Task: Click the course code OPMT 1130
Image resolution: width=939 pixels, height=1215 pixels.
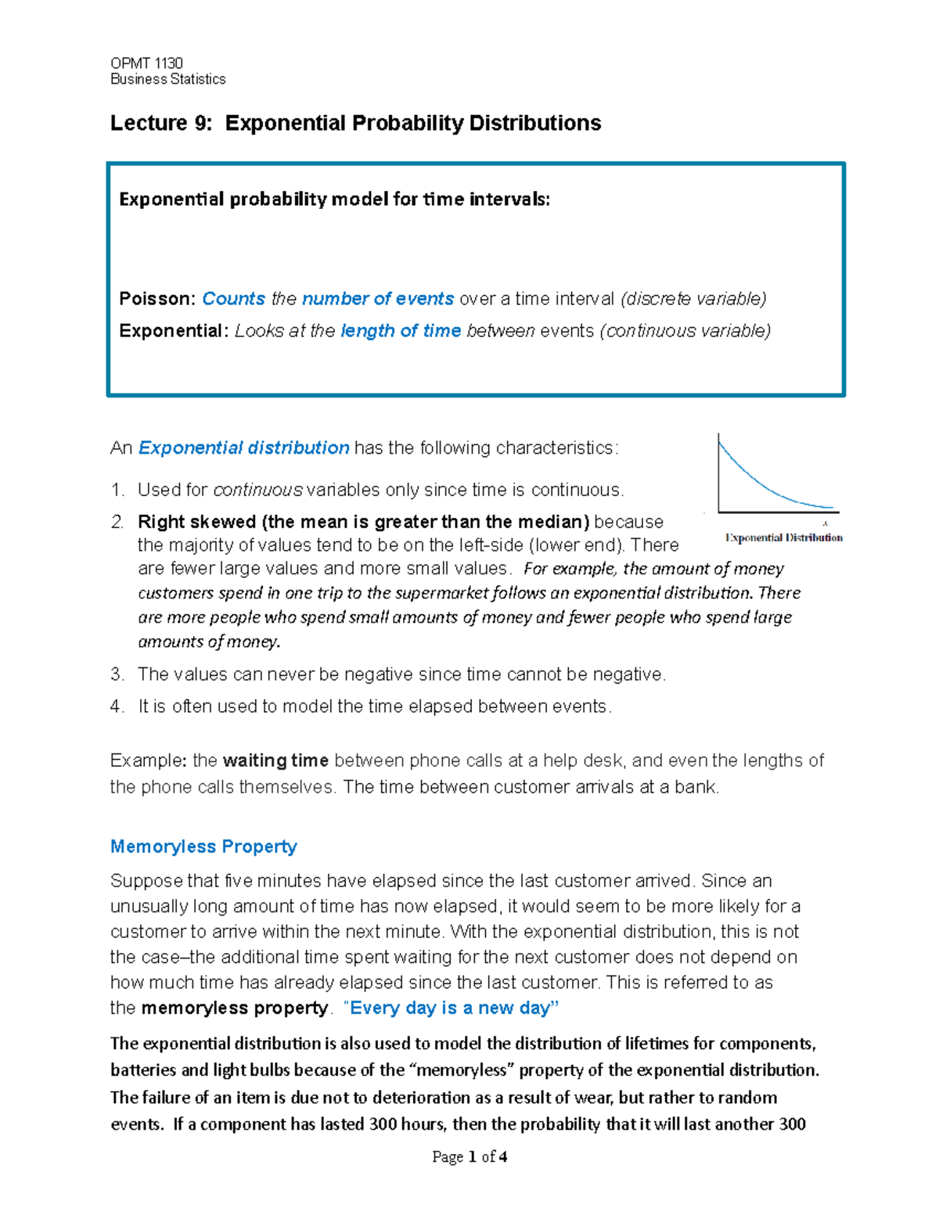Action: tap(146, 63)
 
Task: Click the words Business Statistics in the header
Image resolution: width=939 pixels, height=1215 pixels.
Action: tap(167, 79)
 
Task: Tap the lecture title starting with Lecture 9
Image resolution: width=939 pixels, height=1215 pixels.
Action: tap(355, 123)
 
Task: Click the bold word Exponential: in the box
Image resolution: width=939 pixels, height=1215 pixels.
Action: tap(174, 331)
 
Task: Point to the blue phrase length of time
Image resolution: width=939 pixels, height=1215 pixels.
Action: tap(401, 331)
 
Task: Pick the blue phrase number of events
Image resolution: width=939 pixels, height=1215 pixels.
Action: tap(378, 299)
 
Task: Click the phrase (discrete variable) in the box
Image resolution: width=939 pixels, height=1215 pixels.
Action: tap(693, 299)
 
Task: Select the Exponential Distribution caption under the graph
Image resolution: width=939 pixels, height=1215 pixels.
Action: tap(784, 537)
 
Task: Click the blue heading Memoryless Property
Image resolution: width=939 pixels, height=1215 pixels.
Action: tap(203, 847)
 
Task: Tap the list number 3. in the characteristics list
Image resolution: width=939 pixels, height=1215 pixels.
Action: tap(117, 674)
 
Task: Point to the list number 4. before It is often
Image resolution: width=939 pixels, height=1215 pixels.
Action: tap(117, 706)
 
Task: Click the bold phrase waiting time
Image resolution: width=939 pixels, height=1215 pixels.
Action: tap(275, 760)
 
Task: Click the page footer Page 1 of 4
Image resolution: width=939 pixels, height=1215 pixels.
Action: tap(469, 1157)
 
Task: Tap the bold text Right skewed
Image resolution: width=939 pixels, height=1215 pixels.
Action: tap(197, 522)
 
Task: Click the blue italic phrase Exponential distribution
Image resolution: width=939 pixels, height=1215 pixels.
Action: tap(244, 448)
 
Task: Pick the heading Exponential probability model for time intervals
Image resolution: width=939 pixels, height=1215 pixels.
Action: tap(334, 200)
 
